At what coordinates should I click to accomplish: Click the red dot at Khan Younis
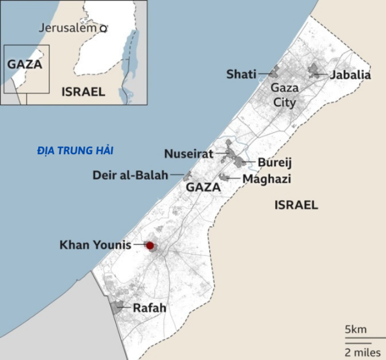150,245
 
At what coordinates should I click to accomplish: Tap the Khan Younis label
95,245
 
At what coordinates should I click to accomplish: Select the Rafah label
149,308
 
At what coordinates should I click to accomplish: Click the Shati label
241,74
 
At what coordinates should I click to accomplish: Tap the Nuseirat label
188,154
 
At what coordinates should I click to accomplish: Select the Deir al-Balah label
130,175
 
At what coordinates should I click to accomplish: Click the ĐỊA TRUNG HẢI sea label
75,151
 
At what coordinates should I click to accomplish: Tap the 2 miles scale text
360,352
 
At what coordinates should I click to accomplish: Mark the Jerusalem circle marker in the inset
103,27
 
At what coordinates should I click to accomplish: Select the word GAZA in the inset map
25,64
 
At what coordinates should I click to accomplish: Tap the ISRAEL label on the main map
296,205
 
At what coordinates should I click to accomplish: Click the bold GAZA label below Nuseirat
203,187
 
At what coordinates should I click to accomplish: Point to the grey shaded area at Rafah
118,307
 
